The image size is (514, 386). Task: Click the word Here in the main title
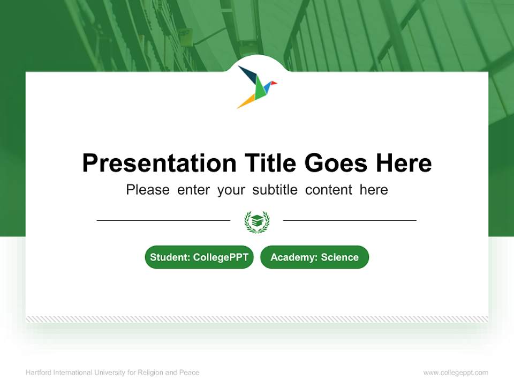(x=403, y=163)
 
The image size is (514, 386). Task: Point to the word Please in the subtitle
(x=148, y=190)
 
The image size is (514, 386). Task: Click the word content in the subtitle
(x=329, y=190)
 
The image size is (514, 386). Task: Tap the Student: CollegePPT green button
(x=199, y=257)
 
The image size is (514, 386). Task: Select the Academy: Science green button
(x=314, y=257)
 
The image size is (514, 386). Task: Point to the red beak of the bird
(x=274, y=83)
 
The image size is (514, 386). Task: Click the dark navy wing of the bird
(x=247, y=75)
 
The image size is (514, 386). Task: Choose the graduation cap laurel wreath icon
(x=257, y=221)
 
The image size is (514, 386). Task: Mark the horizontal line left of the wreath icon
(x=163, y=220)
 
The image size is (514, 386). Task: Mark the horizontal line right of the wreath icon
(x=350, y=220)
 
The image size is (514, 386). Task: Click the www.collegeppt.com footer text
(x=456, y=373)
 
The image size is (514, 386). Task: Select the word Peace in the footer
(x=190, y=373)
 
